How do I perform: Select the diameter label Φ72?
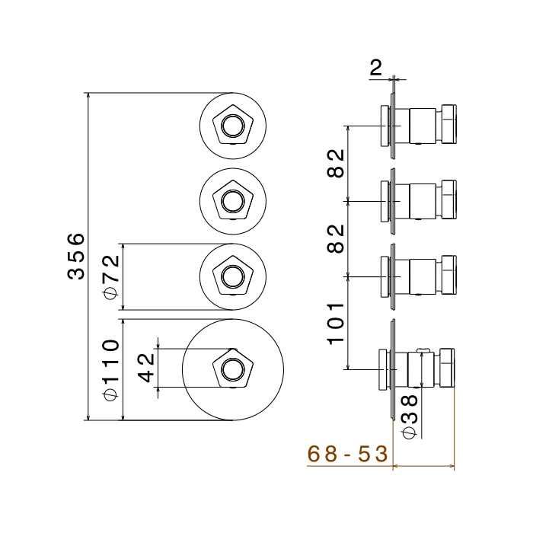111,276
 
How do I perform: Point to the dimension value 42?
146,369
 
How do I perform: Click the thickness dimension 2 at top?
376,69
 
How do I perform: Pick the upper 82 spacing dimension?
336,162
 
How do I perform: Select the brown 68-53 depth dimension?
347,455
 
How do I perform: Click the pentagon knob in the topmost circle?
232,125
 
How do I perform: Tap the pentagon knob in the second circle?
232,200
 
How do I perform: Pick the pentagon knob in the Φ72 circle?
232,276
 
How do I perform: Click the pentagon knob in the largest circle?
232,370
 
